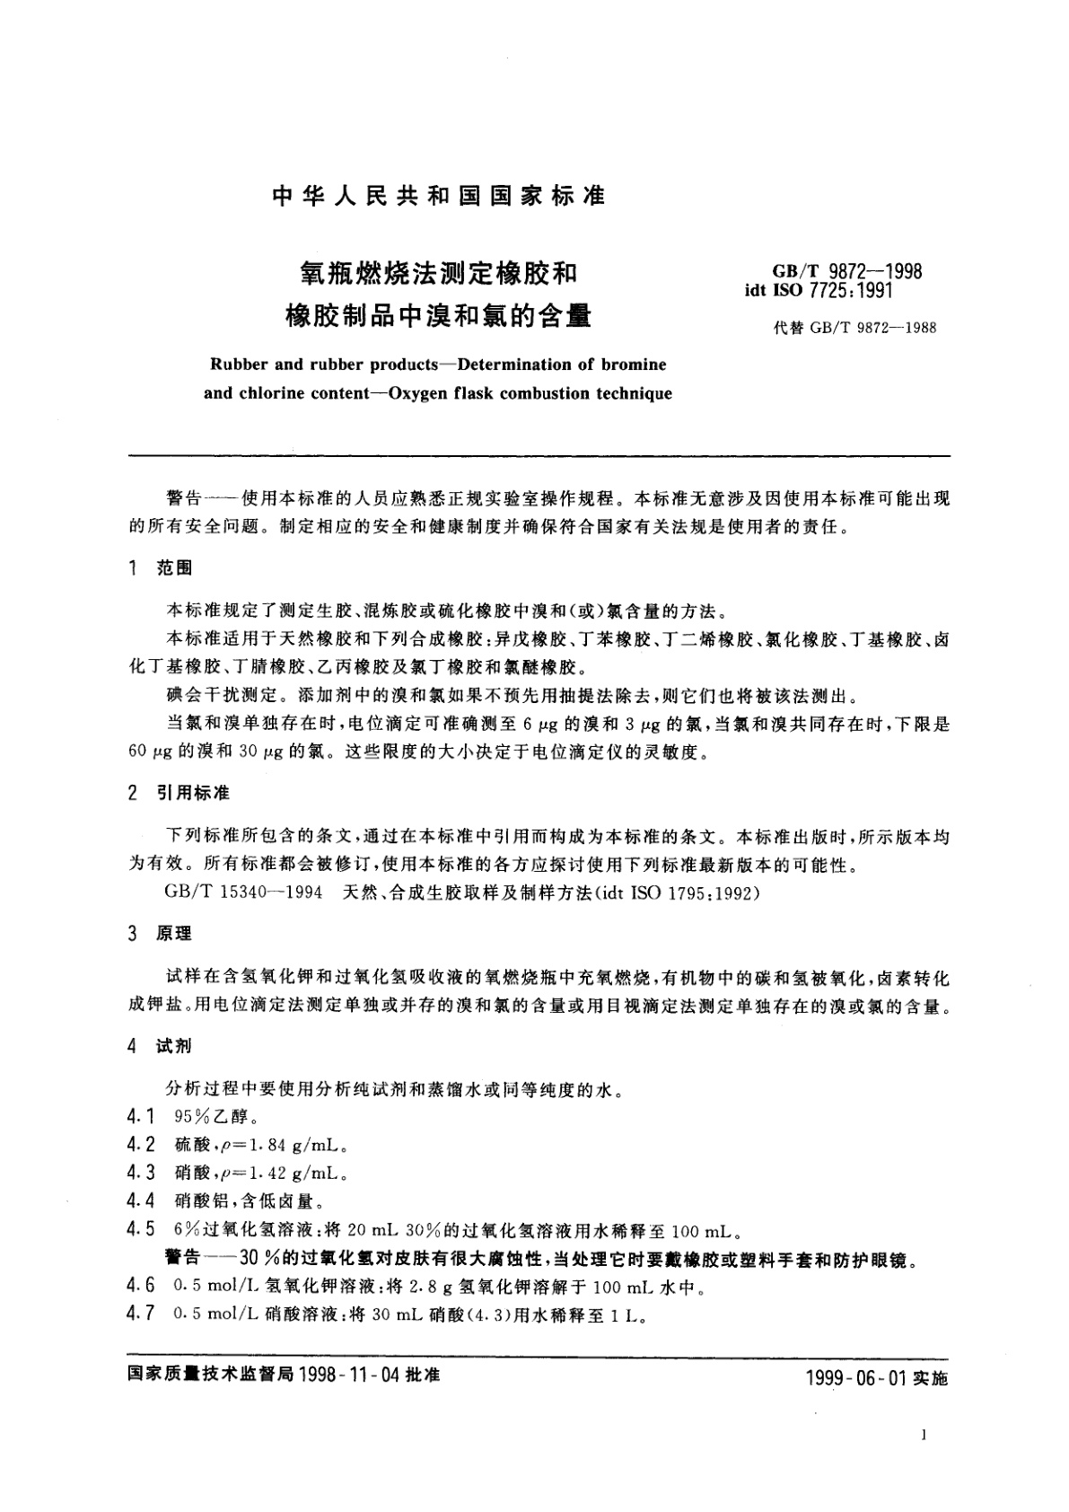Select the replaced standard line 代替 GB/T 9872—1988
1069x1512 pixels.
click(x=854, y=328)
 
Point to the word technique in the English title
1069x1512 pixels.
click(x=632, y=393)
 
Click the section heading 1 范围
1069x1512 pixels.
click(x=161, y=567)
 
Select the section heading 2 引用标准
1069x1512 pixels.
click(x=180, y=793)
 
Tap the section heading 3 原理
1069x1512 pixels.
click(x=161, y=935)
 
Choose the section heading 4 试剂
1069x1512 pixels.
click(x=161, y=1046)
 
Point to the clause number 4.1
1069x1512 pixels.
click(x=142, y=1118)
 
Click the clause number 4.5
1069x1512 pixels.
click(x=142, y=1230)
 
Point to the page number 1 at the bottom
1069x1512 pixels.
click(x=924, y=1436)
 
